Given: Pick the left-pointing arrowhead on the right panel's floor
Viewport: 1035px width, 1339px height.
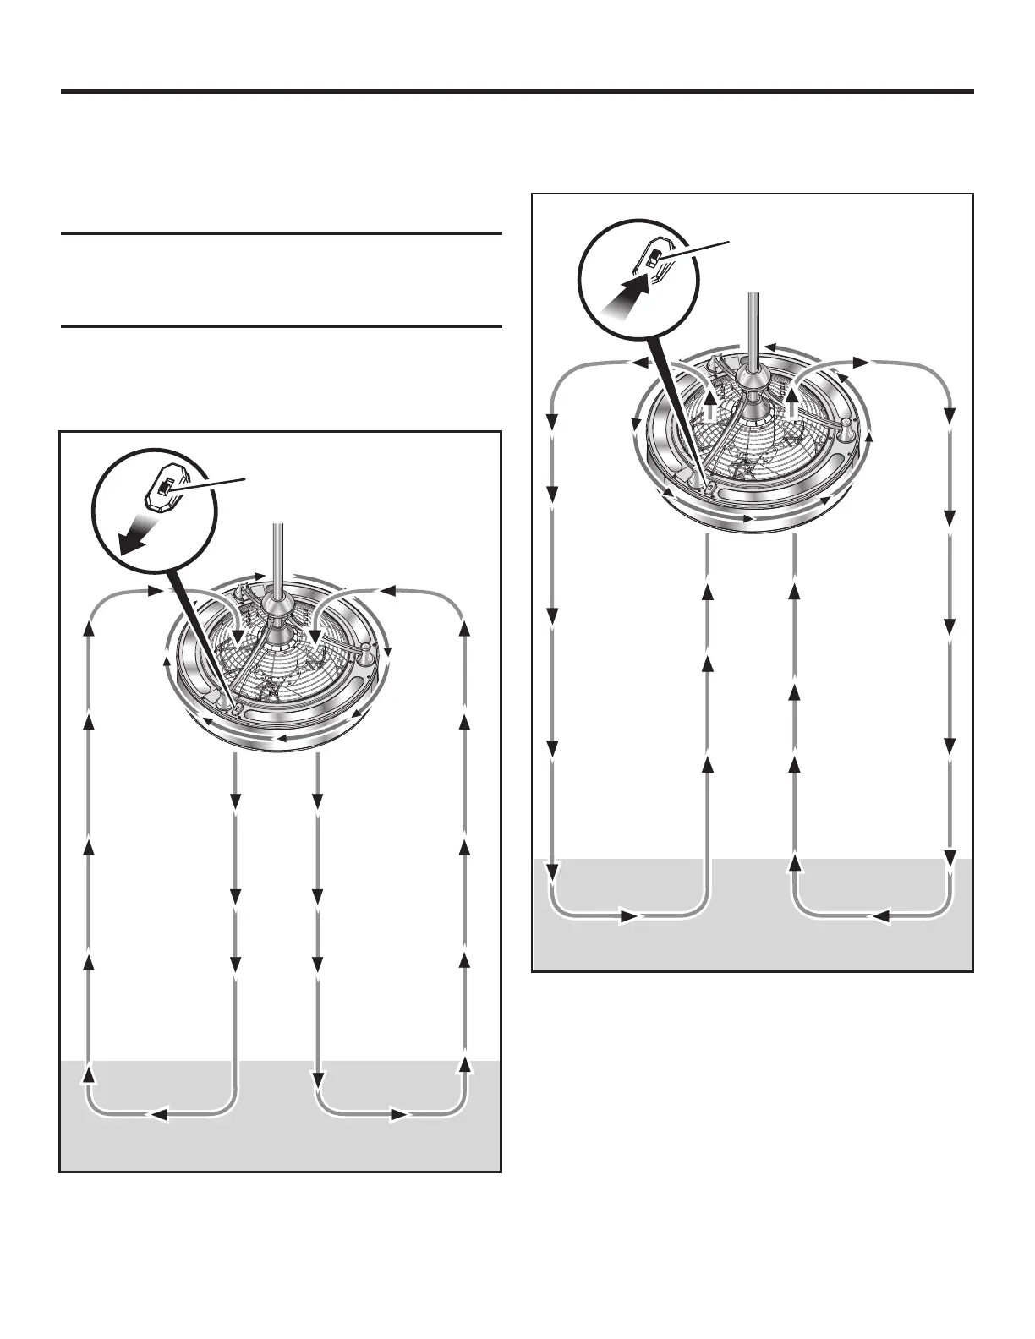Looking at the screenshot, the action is click(x=879, y=915).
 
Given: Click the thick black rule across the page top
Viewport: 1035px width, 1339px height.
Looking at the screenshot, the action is click(x=517, y=91).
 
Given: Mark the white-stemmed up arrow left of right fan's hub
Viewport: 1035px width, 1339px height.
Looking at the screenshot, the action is click(x=710, y=402).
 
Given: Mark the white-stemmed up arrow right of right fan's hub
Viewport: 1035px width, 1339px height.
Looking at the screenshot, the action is click(x=793, y=402).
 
